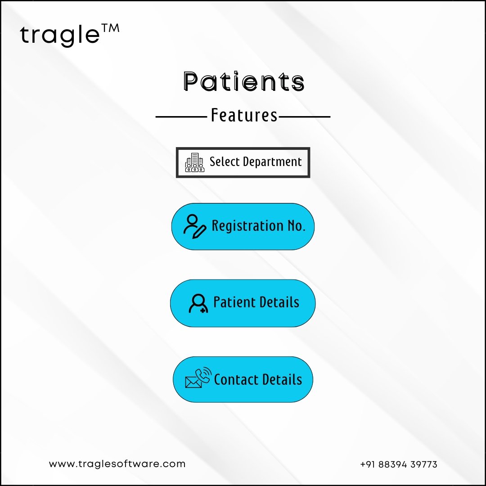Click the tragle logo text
(x=60, y=35)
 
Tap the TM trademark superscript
(x=110, y=28)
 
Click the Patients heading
(x=243, y=81)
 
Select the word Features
(x=244, y=115)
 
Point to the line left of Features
(x=181, y=117)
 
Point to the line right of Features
(x=304, y=117)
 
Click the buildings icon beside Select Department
(x=195, y=162)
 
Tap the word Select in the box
(x=225, y=162)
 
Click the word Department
(x=272, y=162)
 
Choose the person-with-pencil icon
(x=195, y=226)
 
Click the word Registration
(x=247, y=226)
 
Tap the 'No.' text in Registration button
(x=296, y=225)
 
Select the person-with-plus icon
(x=198, y=303)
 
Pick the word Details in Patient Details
(x=279, y=302)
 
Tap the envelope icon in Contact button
(x=193, y=382)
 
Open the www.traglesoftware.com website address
(x=117, y=464)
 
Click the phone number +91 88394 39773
(x=399, y=464)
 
